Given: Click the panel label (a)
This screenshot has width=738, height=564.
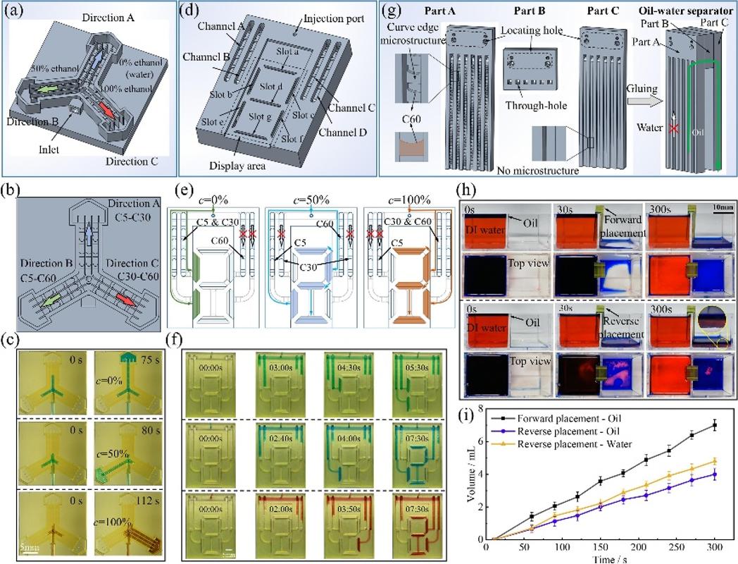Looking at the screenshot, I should pyautogui.click(x=14, y=10).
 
